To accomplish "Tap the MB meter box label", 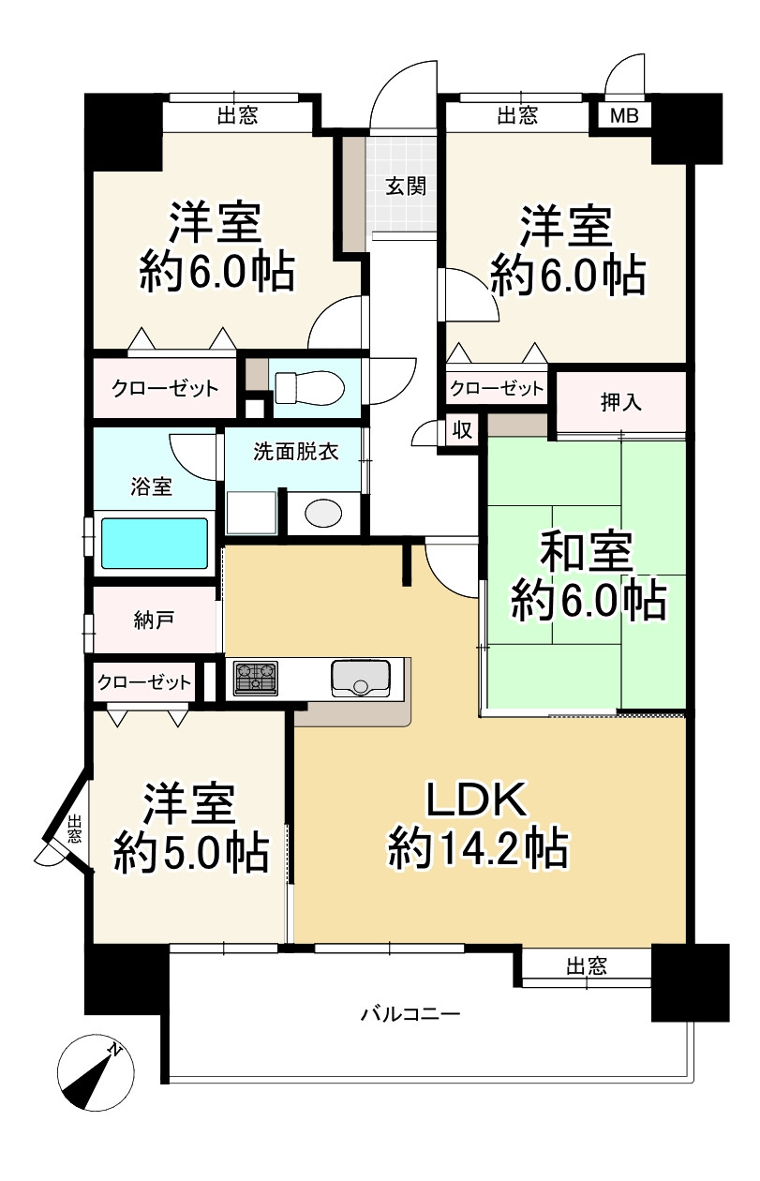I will (623, 116).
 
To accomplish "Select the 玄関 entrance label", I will (406, 186).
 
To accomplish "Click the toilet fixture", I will (308, 385).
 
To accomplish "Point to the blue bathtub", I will (154, 543).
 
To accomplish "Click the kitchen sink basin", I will (360, 678).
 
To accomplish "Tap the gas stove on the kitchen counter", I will (255, 678).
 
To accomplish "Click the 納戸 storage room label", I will (153, 620).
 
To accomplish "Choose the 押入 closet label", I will (621, 402).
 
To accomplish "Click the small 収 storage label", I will (462, 430).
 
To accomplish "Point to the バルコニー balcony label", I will (410, 1014).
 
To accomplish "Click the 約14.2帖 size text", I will (478, 849).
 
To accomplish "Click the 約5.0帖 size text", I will (191, 853).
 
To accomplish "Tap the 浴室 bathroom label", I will (151, 486).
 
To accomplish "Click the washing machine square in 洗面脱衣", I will (251, 513).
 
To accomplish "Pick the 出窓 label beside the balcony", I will (587, 966).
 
